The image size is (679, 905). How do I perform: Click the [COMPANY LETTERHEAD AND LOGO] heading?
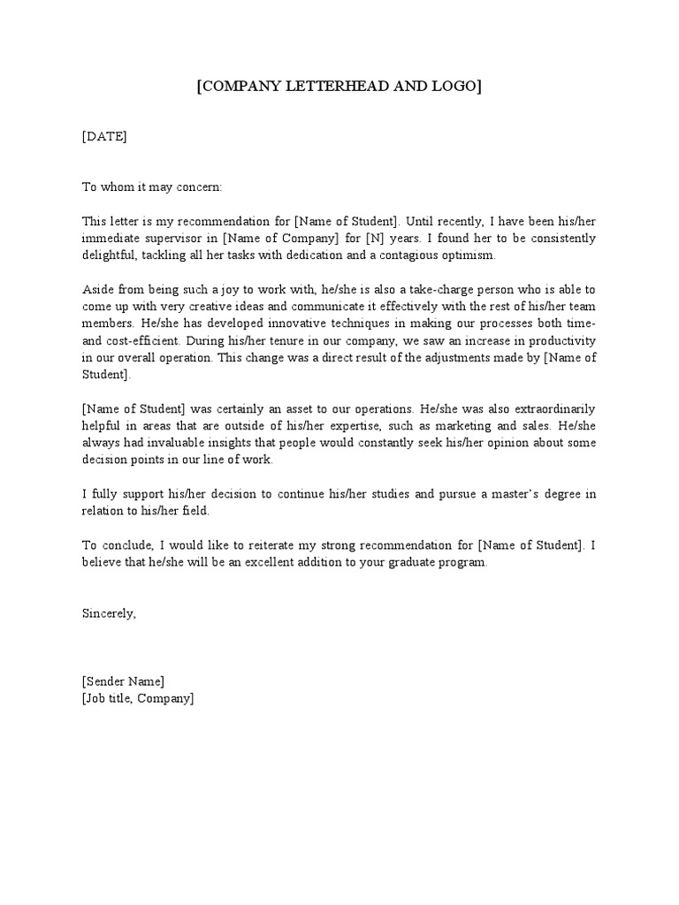pyautogui.click(x=339, y=87)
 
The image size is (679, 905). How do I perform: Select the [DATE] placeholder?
pyautogui.click(x=104, y=136)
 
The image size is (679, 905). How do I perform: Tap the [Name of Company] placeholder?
pyautogui.click(x=278, y=239)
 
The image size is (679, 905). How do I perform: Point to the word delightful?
pyautogui.click(x=110, y=255)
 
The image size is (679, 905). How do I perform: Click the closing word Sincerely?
pyautogui.click(x=109, y=613)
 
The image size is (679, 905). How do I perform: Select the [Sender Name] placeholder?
pyautogui.click(x=123, y=681)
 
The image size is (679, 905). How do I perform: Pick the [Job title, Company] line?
pyautogui.click(x=137, y=698)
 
